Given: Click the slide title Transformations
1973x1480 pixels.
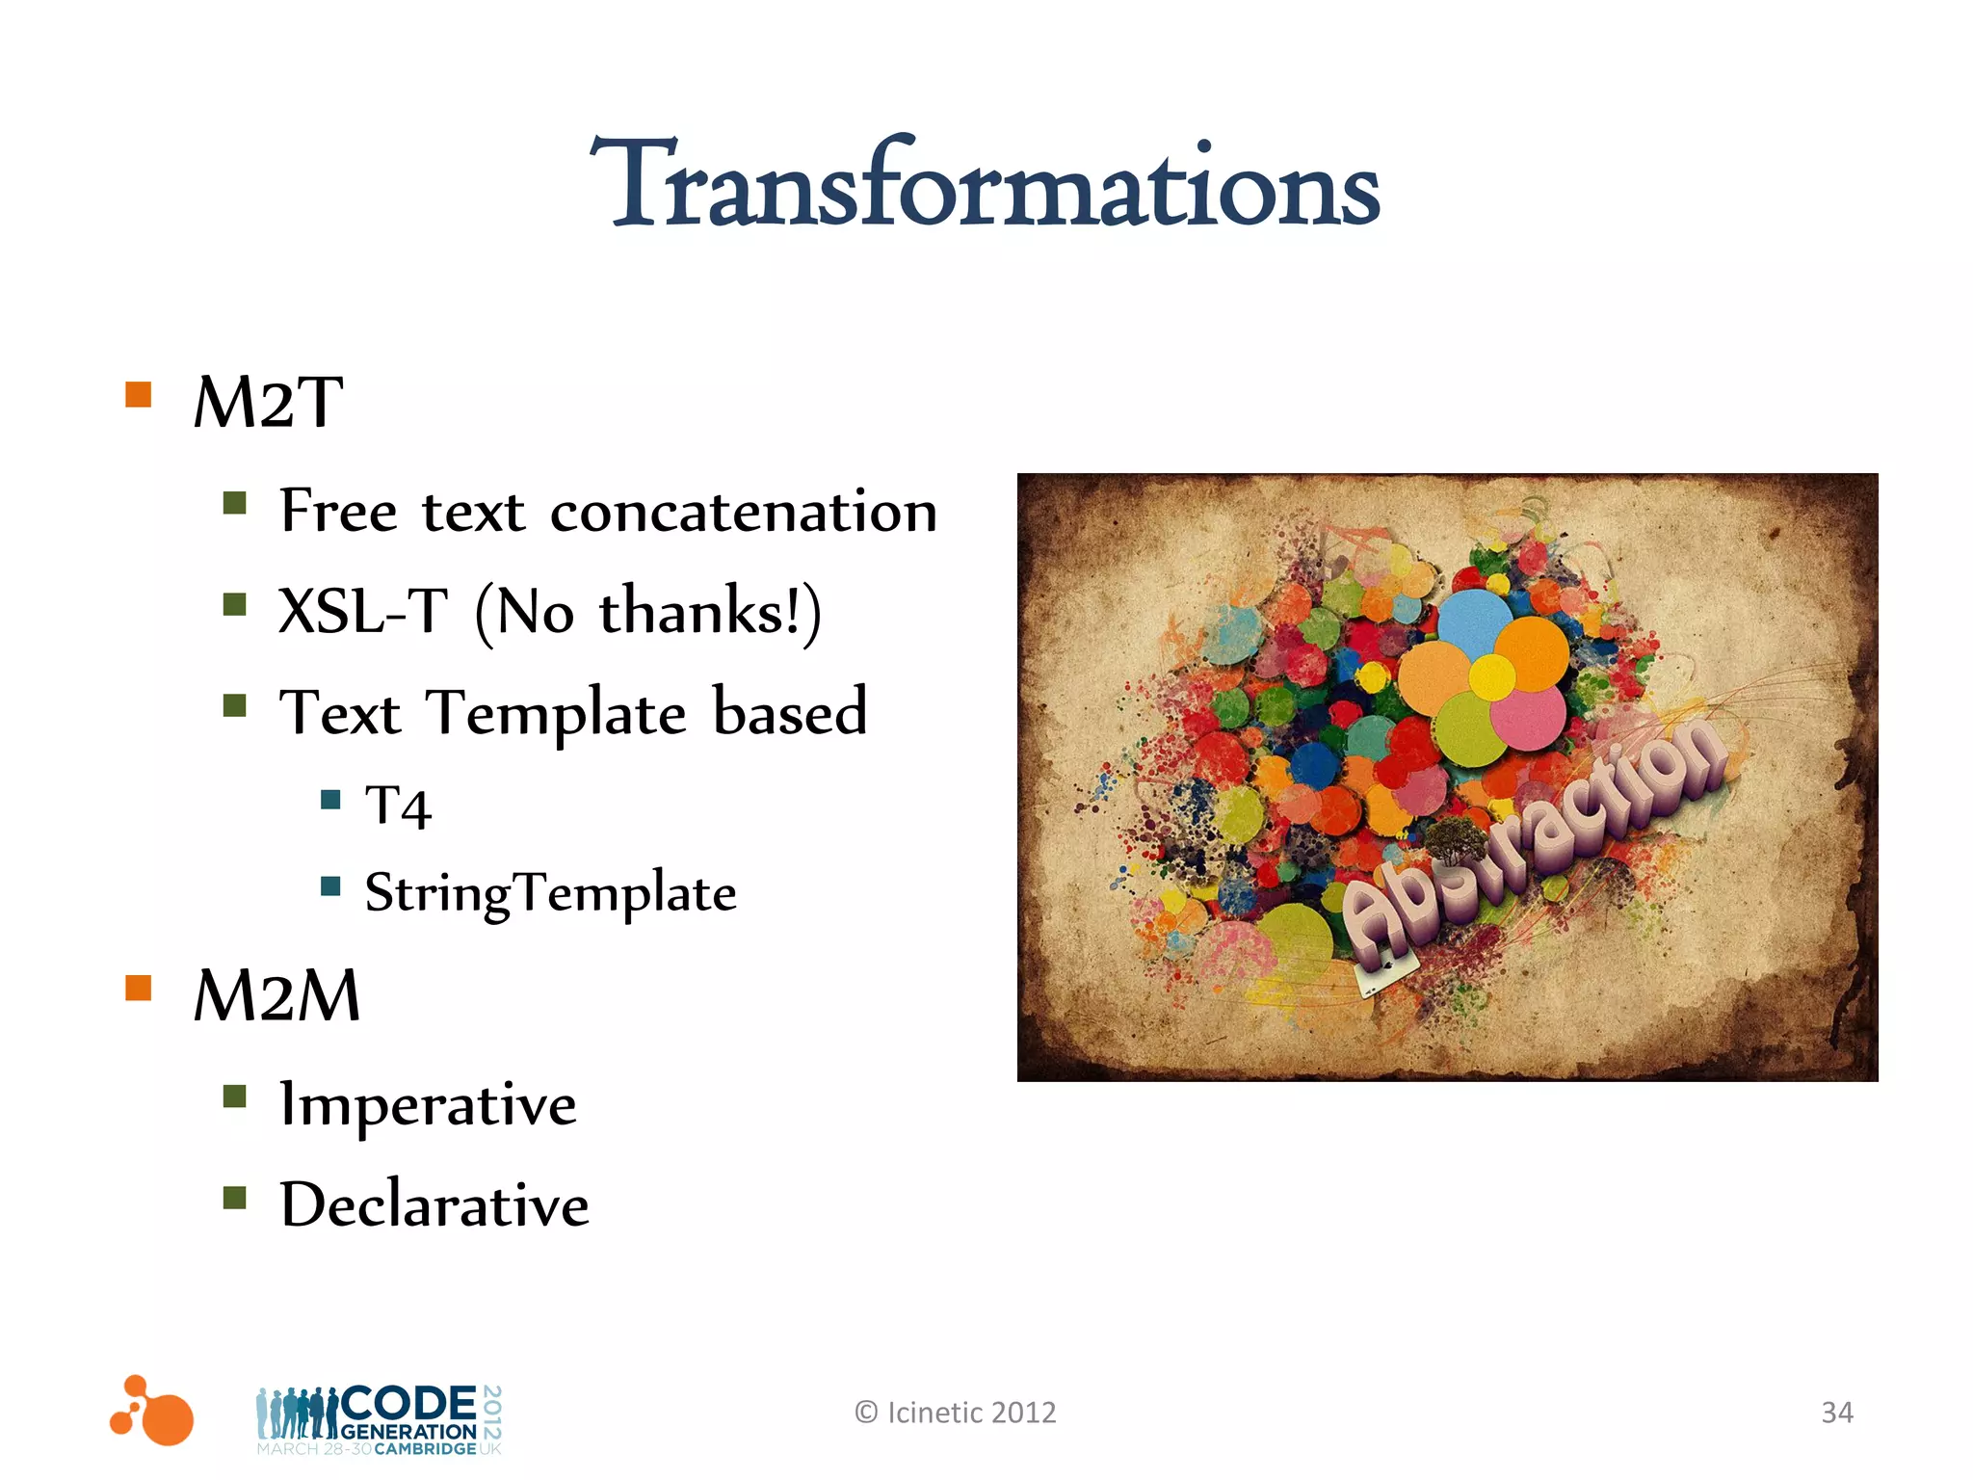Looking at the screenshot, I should pyautogui.click(x=985, y=185).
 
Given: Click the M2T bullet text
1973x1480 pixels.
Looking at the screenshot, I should pyautogui.click(x=268, y=403).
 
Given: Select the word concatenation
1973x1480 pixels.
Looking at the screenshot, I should pyautogui.click(x=743, y=512).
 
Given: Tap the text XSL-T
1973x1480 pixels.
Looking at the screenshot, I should pyautogui.click(x=363, y=611).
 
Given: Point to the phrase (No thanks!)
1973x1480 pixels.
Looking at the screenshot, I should pyautogui.click(x=648, y=613).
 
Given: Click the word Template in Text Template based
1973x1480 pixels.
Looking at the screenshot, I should pyautogui.click(x=557, y=714).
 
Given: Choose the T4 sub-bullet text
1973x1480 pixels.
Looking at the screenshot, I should pyautogui.click(x=398, y=806).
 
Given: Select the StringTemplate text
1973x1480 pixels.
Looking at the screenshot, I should pyautogui.click(x=550, y=892).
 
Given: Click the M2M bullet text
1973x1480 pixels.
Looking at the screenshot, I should pyautogui.click(x=276, y=996).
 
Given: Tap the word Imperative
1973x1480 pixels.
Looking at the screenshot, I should pyautogui.click(x=428, y=1104).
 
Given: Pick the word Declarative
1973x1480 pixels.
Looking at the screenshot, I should pyautogui.click(x=434, y=1205).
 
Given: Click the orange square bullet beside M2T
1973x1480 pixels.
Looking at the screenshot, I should pyautogui.click(x=139, y=395).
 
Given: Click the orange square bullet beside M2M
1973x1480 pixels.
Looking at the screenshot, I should pyautogui.click(x=139, y=989).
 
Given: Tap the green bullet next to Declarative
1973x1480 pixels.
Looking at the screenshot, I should pyautogui.click(x=235, y=1198).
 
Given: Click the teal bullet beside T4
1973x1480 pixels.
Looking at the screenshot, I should pyautogui.click(x=330, y=799).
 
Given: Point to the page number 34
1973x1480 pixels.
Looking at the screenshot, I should pyautogui.click(x=1836, y=1413).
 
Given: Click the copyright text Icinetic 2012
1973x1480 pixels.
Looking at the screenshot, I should pyautogui.click(x=956, y=1413).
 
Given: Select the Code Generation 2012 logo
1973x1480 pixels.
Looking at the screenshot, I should pyautogui.click(x=380, y=1419).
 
